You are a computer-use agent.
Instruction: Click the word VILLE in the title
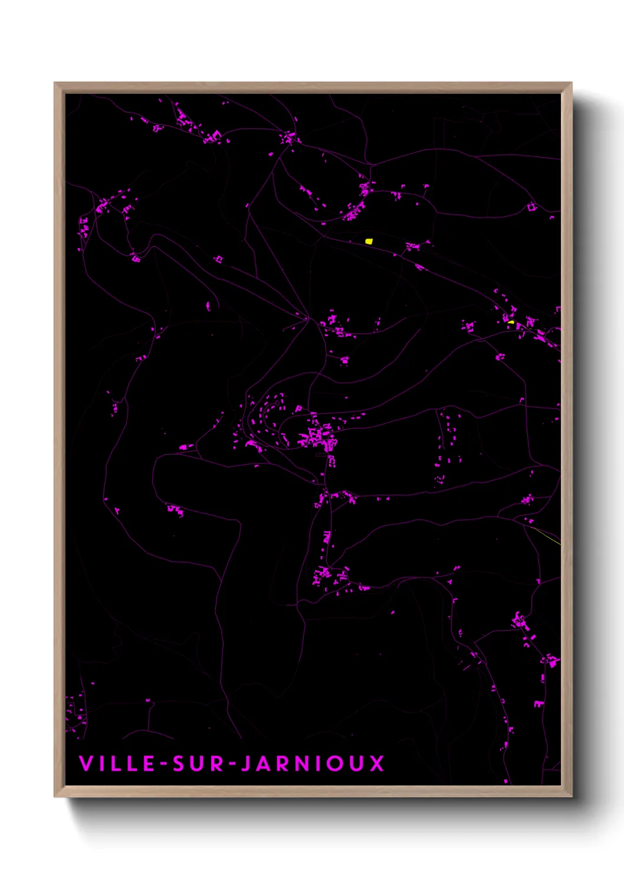click(116, 763)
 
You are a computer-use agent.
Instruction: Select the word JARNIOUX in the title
click(313, 763)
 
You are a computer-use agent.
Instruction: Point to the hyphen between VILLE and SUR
click(163, 764)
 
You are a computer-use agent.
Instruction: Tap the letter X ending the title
click(377, 763)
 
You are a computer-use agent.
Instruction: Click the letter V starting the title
click(86, 763)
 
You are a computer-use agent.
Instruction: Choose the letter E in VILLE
click(149, 763)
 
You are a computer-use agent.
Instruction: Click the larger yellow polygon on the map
click(369, 241)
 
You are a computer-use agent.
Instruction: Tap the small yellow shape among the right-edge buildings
click(511, 322)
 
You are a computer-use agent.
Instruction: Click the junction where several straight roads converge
click(307, 319)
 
